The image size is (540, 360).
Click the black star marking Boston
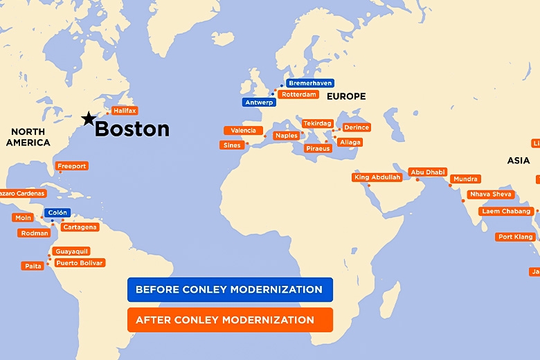point(88,119)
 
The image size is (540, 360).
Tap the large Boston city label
point(132,129)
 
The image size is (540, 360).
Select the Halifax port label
point(125,111)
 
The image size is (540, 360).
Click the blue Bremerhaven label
point(310,83)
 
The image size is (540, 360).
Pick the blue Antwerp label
point(259,102)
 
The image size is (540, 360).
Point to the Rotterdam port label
point(299,94)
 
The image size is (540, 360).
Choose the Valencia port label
point(243,130)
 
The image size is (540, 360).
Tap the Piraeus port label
point(318,148)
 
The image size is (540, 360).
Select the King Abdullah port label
point(377,177)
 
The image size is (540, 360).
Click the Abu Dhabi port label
point(428,172)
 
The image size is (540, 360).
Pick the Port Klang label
point(516,237)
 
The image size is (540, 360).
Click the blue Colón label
point(57,213)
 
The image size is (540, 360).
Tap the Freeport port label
point(72,166)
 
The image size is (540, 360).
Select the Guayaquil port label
point(71,251)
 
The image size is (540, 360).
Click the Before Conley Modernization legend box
point(230,289)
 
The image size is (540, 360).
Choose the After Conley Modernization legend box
point(230,320)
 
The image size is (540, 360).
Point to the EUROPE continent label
point(346,96)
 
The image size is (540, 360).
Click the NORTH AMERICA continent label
point(28,137)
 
